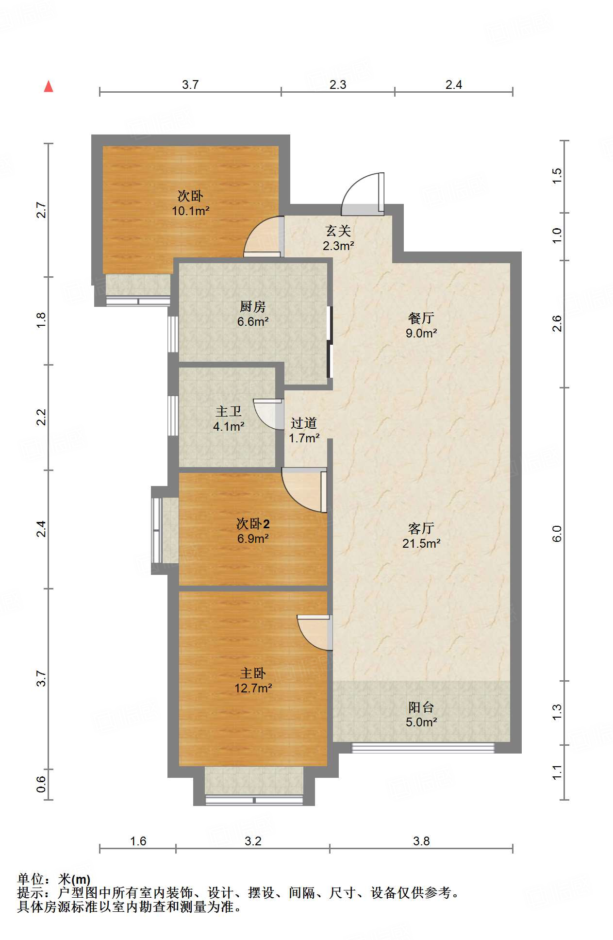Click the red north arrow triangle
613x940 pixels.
(49, 86)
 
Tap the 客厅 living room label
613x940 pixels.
(421, 528)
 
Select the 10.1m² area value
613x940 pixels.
(190, 211)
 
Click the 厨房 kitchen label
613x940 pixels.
(253, 306)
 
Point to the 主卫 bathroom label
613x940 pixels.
(229, 412)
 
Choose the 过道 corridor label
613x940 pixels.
(304, 423)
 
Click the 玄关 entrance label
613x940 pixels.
(338, 231)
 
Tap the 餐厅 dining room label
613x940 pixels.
(421, 318)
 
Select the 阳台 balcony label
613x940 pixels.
(421, 707)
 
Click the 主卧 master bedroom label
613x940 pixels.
(253, 673)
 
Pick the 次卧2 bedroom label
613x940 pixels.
(253, 523)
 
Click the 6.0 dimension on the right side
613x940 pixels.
(557, 534)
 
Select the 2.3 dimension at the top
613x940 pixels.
(338, 84)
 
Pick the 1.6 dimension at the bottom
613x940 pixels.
(138, 841)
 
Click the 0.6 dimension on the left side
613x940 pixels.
(41, 784)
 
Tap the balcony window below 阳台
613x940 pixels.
(423, 748)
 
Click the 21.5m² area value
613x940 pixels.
(421, 544)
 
